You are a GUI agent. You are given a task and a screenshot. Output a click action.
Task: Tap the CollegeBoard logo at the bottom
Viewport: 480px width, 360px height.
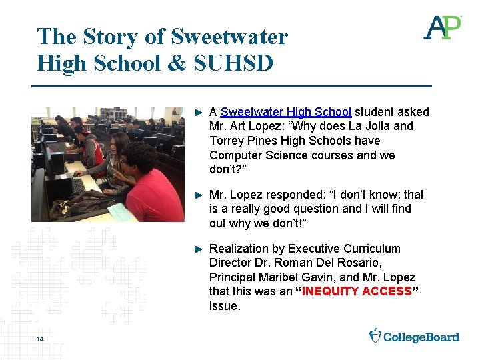click(414, 336)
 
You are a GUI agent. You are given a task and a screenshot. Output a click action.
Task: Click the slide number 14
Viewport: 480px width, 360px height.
click(40, 340)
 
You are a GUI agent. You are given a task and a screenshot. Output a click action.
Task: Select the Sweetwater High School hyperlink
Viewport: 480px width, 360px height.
click(286, 112)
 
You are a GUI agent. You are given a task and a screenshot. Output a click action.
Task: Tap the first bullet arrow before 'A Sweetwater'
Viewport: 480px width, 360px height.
click(197, 112)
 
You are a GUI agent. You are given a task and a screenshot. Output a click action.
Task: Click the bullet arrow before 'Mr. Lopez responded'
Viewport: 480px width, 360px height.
click(197, 195)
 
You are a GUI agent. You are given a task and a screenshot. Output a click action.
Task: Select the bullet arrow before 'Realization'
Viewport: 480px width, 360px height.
click(197, 249)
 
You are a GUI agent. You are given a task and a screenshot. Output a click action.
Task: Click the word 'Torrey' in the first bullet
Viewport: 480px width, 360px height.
click(227, 141)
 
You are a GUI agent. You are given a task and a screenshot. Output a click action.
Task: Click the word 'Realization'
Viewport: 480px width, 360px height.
click(242, 249)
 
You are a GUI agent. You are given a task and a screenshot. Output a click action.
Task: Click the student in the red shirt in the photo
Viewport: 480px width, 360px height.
click(155, 187)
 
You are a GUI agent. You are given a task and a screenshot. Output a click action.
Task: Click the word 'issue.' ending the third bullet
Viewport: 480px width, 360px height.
click(225, 306)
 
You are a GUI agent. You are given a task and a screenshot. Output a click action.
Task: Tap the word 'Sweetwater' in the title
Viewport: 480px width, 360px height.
click(229, 36)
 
